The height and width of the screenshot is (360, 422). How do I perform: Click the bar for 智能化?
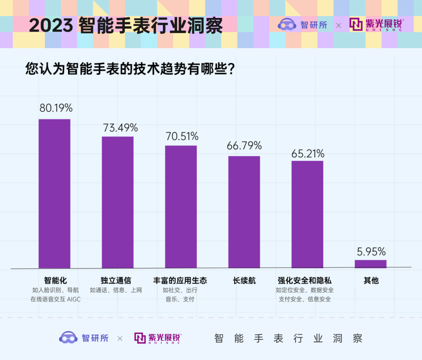(x=54, y=193)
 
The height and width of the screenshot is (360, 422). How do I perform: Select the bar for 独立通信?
(x=118, y=202)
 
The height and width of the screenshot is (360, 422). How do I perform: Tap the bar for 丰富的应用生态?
(x=181, y=207)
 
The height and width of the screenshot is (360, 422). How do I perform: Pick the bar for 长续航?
(x=244, y=212)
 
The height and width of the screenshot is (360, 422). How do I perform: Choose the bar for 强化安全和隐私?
(x=307, y=214)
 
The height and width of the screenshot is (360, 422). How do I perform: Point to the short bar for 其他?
(x=370, y=264)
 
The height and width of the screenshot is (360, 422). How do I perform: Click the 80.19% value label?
(x=56, y=108)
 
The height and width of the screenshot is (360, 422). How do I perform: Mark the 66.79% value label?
(x=244, y=146)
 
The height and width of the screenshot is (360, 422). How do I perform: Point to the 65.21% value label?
(x=308, y=154)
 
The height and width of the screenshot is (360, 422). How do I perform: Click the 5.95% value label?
(x=371, y=251)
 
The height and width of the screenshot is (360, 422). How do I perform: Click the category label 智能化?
(x=55, y=280)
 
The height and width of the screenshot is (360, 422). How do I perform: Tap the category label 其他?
(x=371, y=280)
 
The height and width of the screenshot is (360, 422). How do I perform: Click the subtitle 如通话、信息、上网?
(x=116, y=290)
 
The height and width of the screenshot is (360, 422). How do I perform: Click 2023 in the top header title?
(x=51, y=26)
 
